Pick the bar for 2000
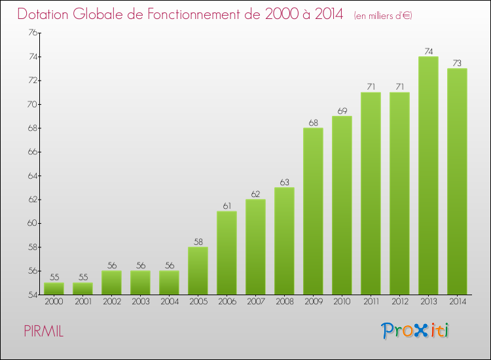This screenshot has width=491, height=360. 54,288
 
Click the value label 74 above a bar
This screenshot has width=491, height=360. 428,52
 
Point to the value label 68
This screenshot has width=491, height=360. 313,123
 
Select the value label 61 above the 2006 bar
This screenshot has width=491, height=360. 227,206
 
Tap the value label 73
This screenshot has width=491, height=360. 457,63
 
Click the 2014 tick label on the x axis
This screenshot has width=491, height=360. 457,302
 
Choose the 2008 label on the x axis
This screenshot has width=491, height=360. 284,302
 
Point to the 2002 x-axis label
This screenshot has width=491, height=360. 111,302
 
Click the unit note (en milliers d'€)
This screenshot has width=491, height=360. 383,16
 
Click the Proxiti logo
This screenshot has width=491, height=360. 415,331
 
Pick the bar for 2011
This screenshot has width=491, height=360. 371,193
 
